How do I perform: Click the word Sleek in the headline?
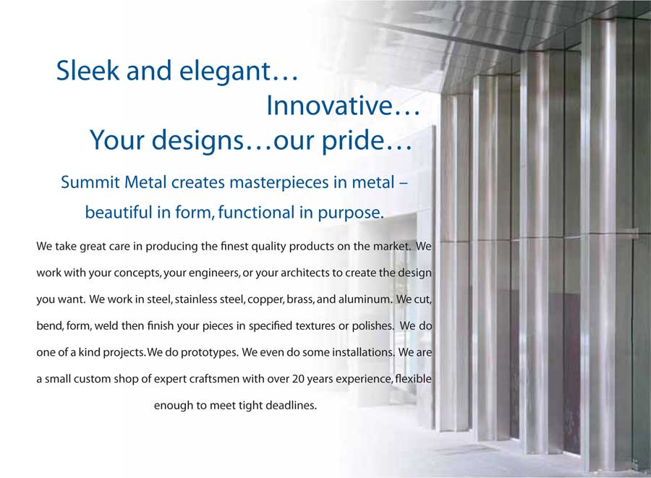88,70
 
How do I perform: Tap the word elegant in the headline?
225,72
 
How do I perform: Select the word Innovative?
329,105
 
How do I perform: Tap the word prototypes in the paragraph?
208,353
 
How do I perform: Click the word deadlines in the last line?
291,406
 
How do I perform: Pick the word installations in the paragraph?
362,352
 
